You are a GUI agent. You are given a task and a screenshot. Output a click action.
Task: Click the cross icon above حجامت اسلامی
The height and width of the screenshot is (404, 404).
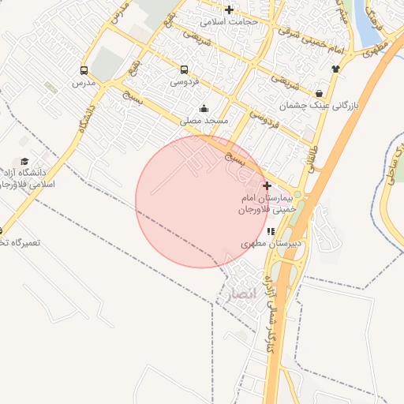point(229,10)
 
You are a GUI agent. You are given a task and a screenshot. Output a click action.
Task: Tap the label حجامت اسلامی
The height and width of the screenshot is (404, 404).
point(230,22)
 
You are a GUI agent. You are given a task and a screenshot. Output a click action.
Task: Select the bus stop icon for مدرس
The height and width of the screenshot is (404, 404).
point(84,69)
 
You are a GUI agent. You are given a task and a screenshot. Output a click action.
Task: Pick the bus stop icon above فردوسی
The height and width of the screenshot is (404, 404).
point(184,69)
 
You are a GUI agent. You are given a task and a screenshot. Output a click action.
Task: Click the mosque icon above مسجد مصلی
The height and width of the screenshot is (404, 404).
point(204,109)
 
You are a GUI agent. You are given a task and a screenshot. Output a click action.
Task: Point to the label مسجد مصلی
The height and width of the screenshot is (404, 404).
point(204,122)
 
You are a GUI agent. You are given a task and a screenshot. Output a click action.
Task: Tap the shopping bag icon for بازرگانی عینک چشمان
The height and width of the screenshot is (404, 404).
point(318,92)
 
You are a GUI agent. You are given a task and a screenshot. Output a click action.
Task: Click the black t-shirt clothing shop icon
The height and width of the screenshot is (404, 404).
point(335,68)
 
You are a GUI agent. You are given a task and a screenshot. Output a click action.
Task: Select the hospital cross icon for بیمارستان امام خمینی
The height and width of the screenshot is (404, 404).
point(267,185)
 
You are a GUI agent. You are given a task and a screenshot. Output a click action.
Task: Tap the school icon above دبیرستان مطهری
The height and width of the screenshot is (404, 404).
point(271,232)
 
